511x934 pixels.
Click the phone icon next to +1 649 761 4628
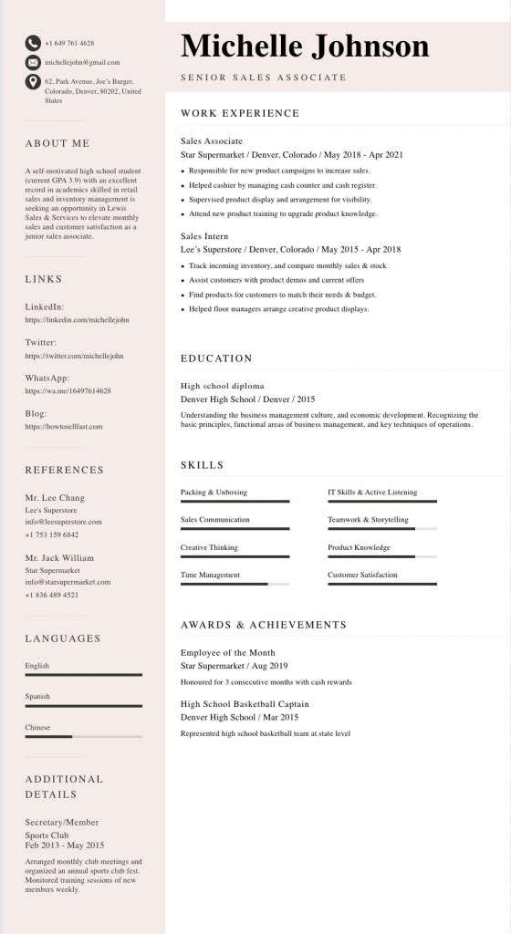pyautogui.click(x=33, y=43)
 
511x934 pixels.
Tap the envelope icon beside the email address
pyautogui.click(x=33, y=62)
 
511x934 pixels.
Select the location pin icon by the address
pyautogui.click(x=33, y=82)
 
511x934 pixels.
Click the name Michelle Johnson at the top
pyautogui.click(x=305, y=46)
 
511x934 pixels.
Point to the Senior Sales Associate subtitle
pyautogui.click(x=264, y=78)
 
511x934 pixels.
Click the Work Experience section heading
pyautogui.click(x=240, y=113)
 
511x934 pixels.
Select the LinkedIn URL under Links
pyautogui.click(x=77, y=320)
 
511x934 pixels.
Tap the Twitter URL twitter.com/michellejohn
pyautogui.click(x=74, y=356)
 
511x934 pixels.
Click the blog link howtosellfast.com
pyautogui.click(x=64, y=426)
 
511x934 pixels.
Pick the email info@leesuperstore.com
pyautogui.click(x=63, y=522)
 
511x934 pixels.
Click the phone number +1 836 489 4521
pyautogui.click(x=52, y=595)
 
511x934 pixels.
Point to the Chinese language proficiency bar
pyautogui.click(x=83, y=736)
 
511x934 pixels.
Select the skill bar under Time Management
pyautogui.click(x=235, y=584)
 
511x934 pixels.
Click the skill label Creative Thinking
pyautogui.click(x=209, y=547)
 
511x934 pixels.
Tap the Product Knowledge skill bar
pyautogui.click(x=381, y=556)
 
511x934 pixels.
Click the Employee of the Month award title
pyautogui.click(x=227, y=652)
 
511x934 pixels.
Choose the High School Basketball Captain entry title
pyautogui.click(x=245, y=704)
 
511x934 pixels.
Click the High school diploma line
pyautogui.click(x=223, y=386)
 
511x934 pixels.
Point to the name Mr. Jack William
pyautogui.click(x=59, y=557)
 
